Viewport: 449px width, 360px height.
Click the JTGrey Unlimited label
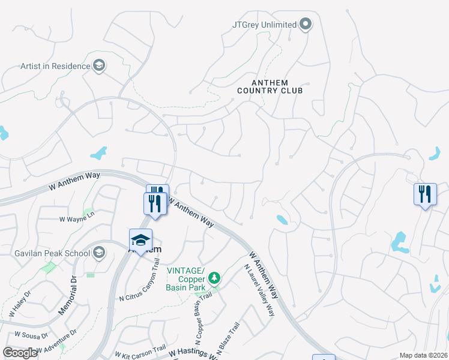[264, 25]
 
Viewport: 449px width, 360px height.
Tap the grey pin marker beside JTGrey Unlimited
[306, 25]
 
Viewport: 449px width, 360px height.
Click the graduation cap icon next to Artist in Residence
[100, 66]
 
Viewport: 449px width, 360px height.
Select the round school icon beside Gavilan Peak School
[99, 253]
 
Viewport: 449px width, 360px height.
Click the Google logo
[20, 353]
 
